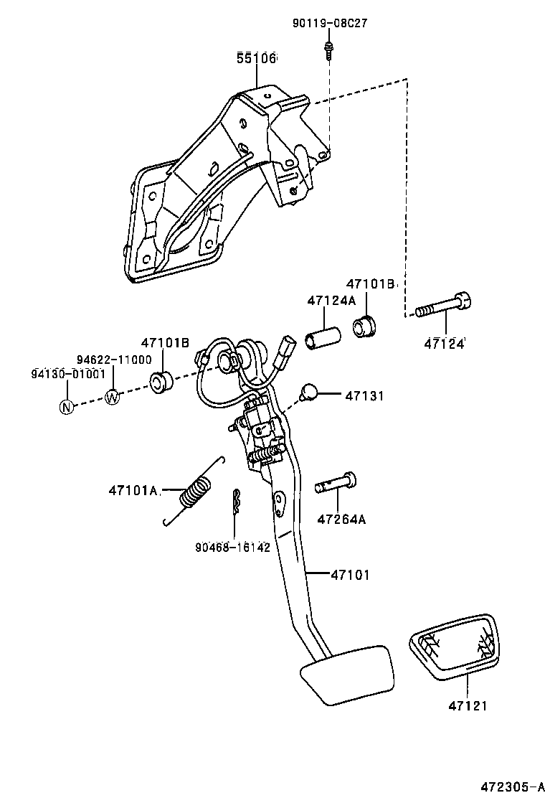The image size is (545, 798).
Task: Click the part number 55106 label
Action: click(257, 59)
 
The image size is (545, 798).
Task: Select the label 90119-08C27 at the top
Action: click(329, 23)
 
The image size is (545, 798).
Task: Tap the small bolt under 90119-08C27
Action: click(328, 50)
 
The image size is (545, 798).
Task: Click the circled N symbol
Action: click(67, 407)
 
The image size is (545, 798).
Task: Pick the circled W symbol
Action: click(113, 396)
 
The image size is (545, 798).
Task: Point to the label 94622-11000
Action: click(114, 360)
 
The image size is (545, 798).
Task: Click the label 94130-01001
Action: click(68, 373)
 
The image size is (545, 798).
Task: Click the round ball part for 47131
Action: click(308, 393)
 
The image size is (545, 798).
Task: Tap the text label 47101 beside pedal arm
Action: click(351, 574)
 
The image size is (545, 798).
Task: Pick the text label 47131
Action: click(365, 395)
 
